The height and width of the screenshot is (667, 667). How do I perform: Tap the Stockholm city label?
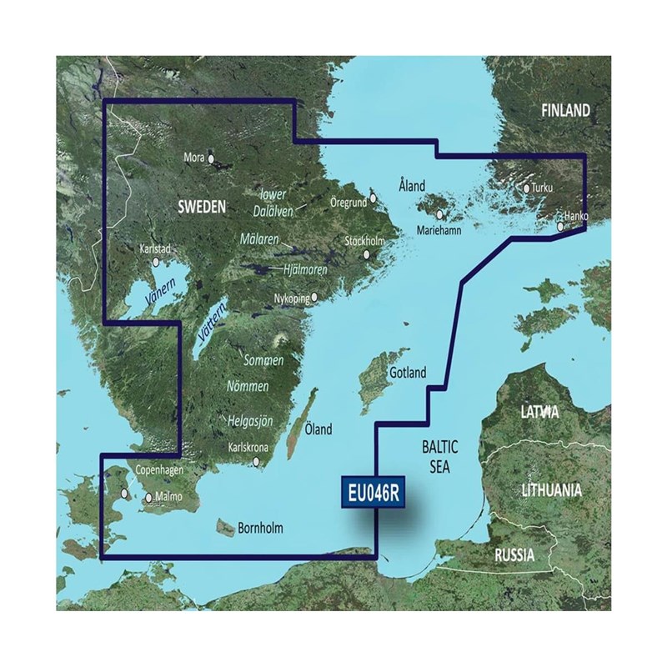coord(364,242)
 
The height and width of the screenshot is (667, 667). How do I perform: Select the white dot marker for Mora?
coord(212,157)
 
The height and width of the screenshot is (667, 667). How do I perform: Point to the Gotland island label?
coord(407,373)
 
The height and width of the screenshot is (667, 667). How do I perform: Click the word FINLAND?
coord(565,111)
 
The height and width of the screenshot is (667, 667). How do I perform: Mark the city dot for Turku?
coord(527,188)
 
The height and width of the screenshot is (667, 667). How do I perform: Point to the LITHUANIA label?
coord(551,490)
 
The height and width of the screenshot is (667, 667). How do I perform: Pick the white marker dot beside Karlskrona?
coord(258,461)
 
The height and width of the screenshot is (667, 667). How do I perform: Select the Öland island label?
coord(318,430)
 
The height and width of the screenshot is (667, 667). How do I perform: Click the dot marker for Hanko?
coord(561,225)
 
